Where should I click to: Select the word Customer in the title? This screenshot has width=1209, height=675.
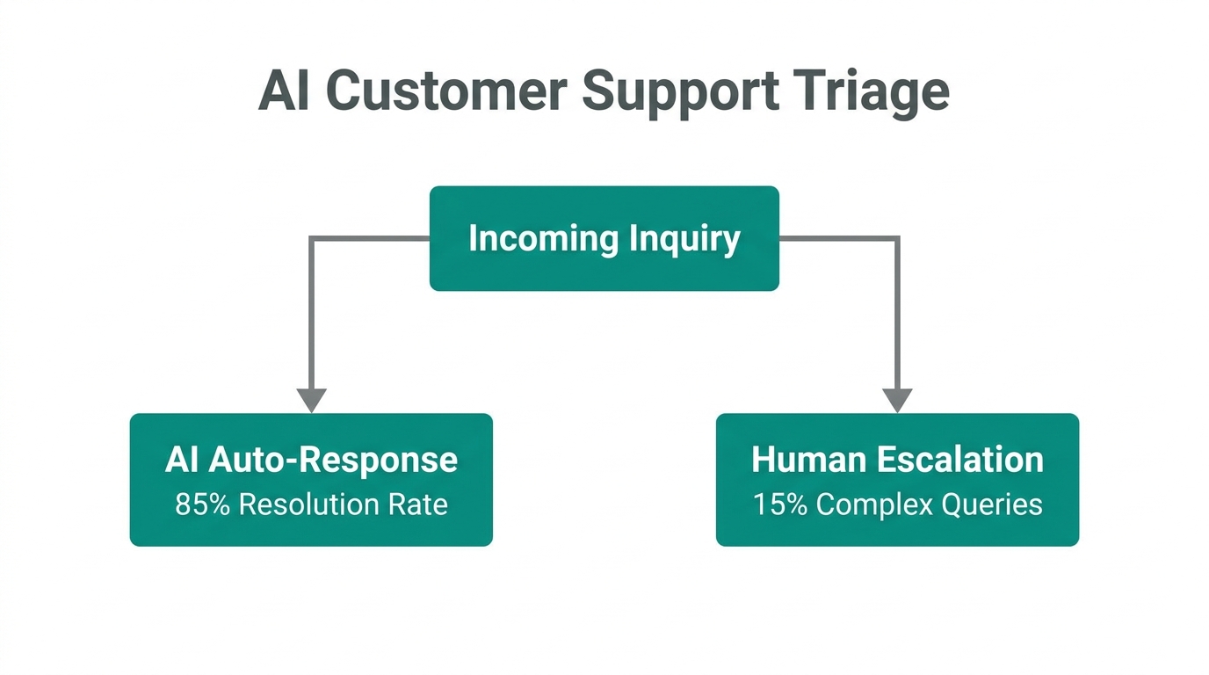(x=445, y=91)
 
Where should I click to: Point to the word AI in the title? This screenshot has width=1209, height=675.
(x=284, y=91)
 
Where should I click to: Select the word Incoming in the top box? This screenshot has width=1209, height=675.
(x=531, y=238)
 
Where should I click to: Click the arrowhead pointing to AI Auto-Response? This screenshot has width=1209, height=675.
(x=311, y=400)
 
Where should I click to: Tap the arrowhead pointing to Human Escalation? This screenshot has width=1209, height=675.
(x=897, y=400)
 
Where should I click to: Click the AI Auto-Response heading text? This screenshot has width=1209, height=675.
(x=311, y=460)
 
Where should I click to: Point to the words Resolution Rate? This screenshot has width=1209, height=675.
(x=344, y=504)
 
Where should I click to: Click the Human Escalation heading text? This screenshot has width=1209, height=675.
(x=897, y=460)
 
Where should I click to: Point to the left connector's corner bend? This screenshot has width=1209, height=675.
(x=311, y=238)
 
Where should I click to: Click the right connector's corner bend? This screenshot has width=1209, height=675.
(x=897, y=238)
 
